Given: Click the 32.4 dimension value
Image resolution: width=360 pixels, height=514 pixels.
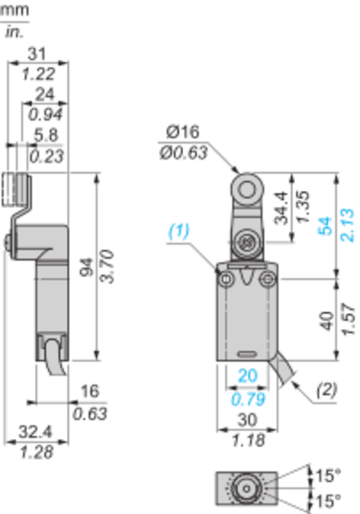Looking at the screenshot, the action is pos(35,432).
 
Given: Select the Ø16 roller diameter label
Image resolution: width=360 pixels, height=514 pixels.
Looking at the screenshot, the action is pos(183,132).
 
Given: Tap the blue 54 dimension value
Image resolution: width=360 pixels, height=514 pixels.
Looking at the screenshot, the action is pos(325,226).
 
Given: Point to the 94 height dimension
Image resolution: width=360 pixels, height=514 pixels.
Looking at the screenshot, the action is pos(87,267).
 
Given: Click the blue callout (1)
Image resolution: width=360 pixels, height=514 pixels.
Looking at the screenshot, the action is pos(179,231).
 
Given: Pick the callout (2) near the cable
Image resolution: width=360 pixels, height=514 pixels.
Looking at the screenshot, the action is pos(327,390).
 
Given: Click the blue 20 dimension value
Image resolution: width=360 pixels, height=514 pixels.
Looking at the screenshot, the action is pos(248,376).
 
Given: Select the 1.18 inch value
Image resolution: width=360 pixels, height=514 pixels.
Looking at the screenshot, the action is pos(248,440).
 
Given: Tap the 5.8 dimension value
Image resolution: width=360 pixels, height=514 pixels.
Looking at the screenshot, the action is pos(46,135).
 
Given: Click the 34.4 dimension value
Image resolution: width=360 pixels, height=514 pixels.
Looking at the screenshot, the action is pos(282,208).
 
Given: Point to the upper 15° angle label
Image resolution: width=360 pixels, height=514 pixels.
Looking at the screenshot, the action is pos(328,475).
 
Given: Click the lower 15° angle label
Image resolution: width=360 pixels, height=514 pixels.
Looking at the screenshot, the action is pos(328,501).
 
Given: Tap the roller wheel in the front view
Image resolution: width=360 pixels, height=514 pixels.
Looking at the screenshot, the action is pos(247,189).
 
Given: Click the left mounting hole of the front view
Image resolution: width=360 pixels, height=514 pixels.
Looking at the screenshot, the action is pos(226,279).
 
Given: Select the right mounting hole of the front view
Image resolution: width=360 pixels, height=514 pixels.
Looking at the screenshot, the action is pos(269,279).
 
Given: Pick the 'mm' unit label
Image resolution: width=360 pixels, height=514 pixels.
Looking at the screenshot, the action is pos(14,10).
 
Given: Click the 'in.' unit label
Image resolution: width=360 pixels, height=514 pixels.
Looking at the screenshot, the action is pos(14,31).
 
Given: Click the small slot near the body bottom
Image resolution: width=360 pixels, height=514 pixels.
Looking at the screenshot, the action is pos(247,354).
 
